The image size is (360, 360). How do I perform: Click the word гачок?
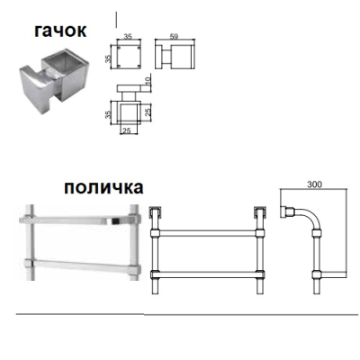(60, 31)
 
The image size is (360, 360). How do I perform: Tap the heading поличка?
(103, 188)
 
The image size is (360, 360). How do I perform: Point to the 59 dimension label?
(174, 36)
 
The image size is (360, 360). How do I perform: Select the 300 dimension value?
(314, 184)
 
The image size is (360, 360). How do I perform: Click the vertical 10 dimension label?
(148, 80)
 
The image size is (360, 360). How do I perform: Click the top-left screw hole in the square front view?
(119, 48)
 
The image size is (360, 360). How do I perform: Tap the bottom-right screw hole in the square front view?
(139, 67)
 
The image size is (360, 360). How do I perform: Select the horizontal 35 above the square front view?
(128, 37)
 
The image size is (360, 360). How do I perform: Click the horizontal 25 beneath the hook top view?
(127, 131)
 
